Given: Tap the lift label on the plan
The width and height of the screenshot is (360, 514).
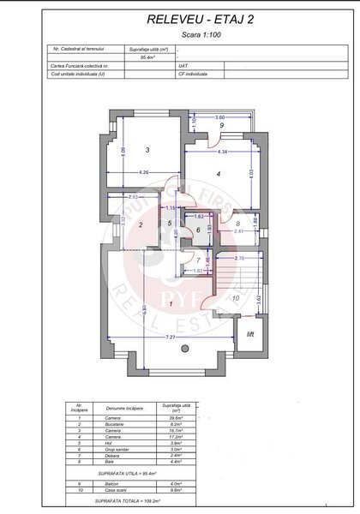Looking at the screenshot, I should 251,334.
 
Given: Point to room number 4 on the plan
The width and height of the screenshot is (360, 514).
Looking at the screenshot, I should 219,175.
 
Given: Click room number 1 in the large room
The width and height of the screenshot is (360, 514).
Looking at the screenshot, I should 171,302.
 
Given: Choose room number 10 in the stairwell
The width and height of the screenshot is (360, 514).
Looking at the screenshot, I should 236,297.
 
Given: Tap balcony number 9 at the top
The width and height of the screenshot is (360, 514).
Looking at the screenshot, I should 221,126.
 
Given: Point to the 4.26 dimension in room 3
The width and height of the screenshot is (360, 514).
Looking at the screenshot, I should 144,172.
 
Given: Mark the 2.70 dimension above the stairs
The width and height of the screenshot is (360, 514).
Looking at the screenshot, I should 241,257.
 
